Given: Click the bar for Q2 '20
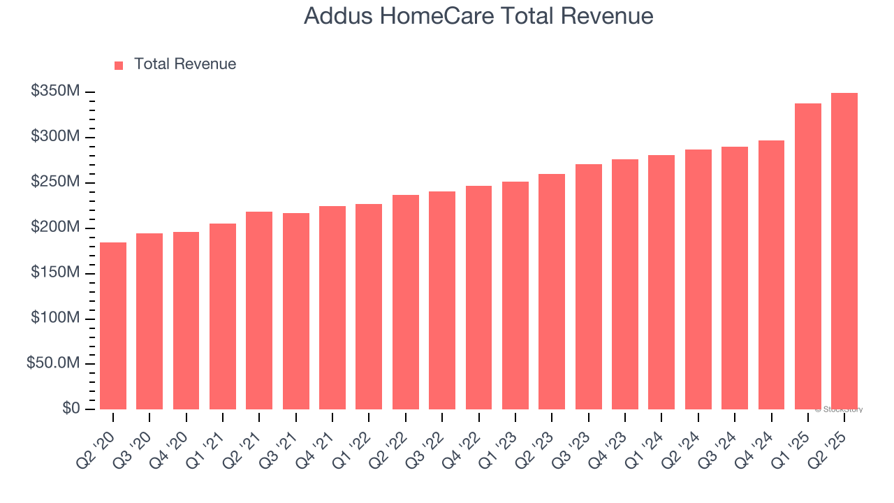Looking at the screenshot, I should [113, 326].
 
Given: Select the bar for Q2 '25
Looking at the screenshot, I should [844, 251].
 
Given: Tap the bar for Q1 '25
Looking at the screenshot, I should [808, 256].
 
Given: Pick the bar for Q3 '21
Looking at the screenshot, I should [296, 311].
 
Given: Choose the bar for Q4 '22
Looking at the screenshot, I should [478, 298].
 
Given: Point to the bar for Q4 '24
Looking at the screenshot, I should [771, 275].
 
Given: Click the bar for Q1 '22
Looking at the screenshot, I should [369, 307].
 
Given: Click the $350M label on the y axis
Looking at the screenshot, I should [55, 92].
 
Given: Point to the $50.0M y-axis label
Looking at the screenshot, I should [53, 363].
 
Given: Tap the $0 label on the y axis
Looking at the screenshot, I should [71, 409].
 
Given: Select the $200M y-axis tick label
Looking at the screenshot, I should [55, 228].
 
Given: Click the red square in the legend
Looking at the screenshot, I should [119, 65].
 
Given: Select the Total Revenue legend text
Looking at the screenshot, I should [185, 64].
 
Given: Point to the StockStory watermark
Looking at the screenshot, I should [839, 409].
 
